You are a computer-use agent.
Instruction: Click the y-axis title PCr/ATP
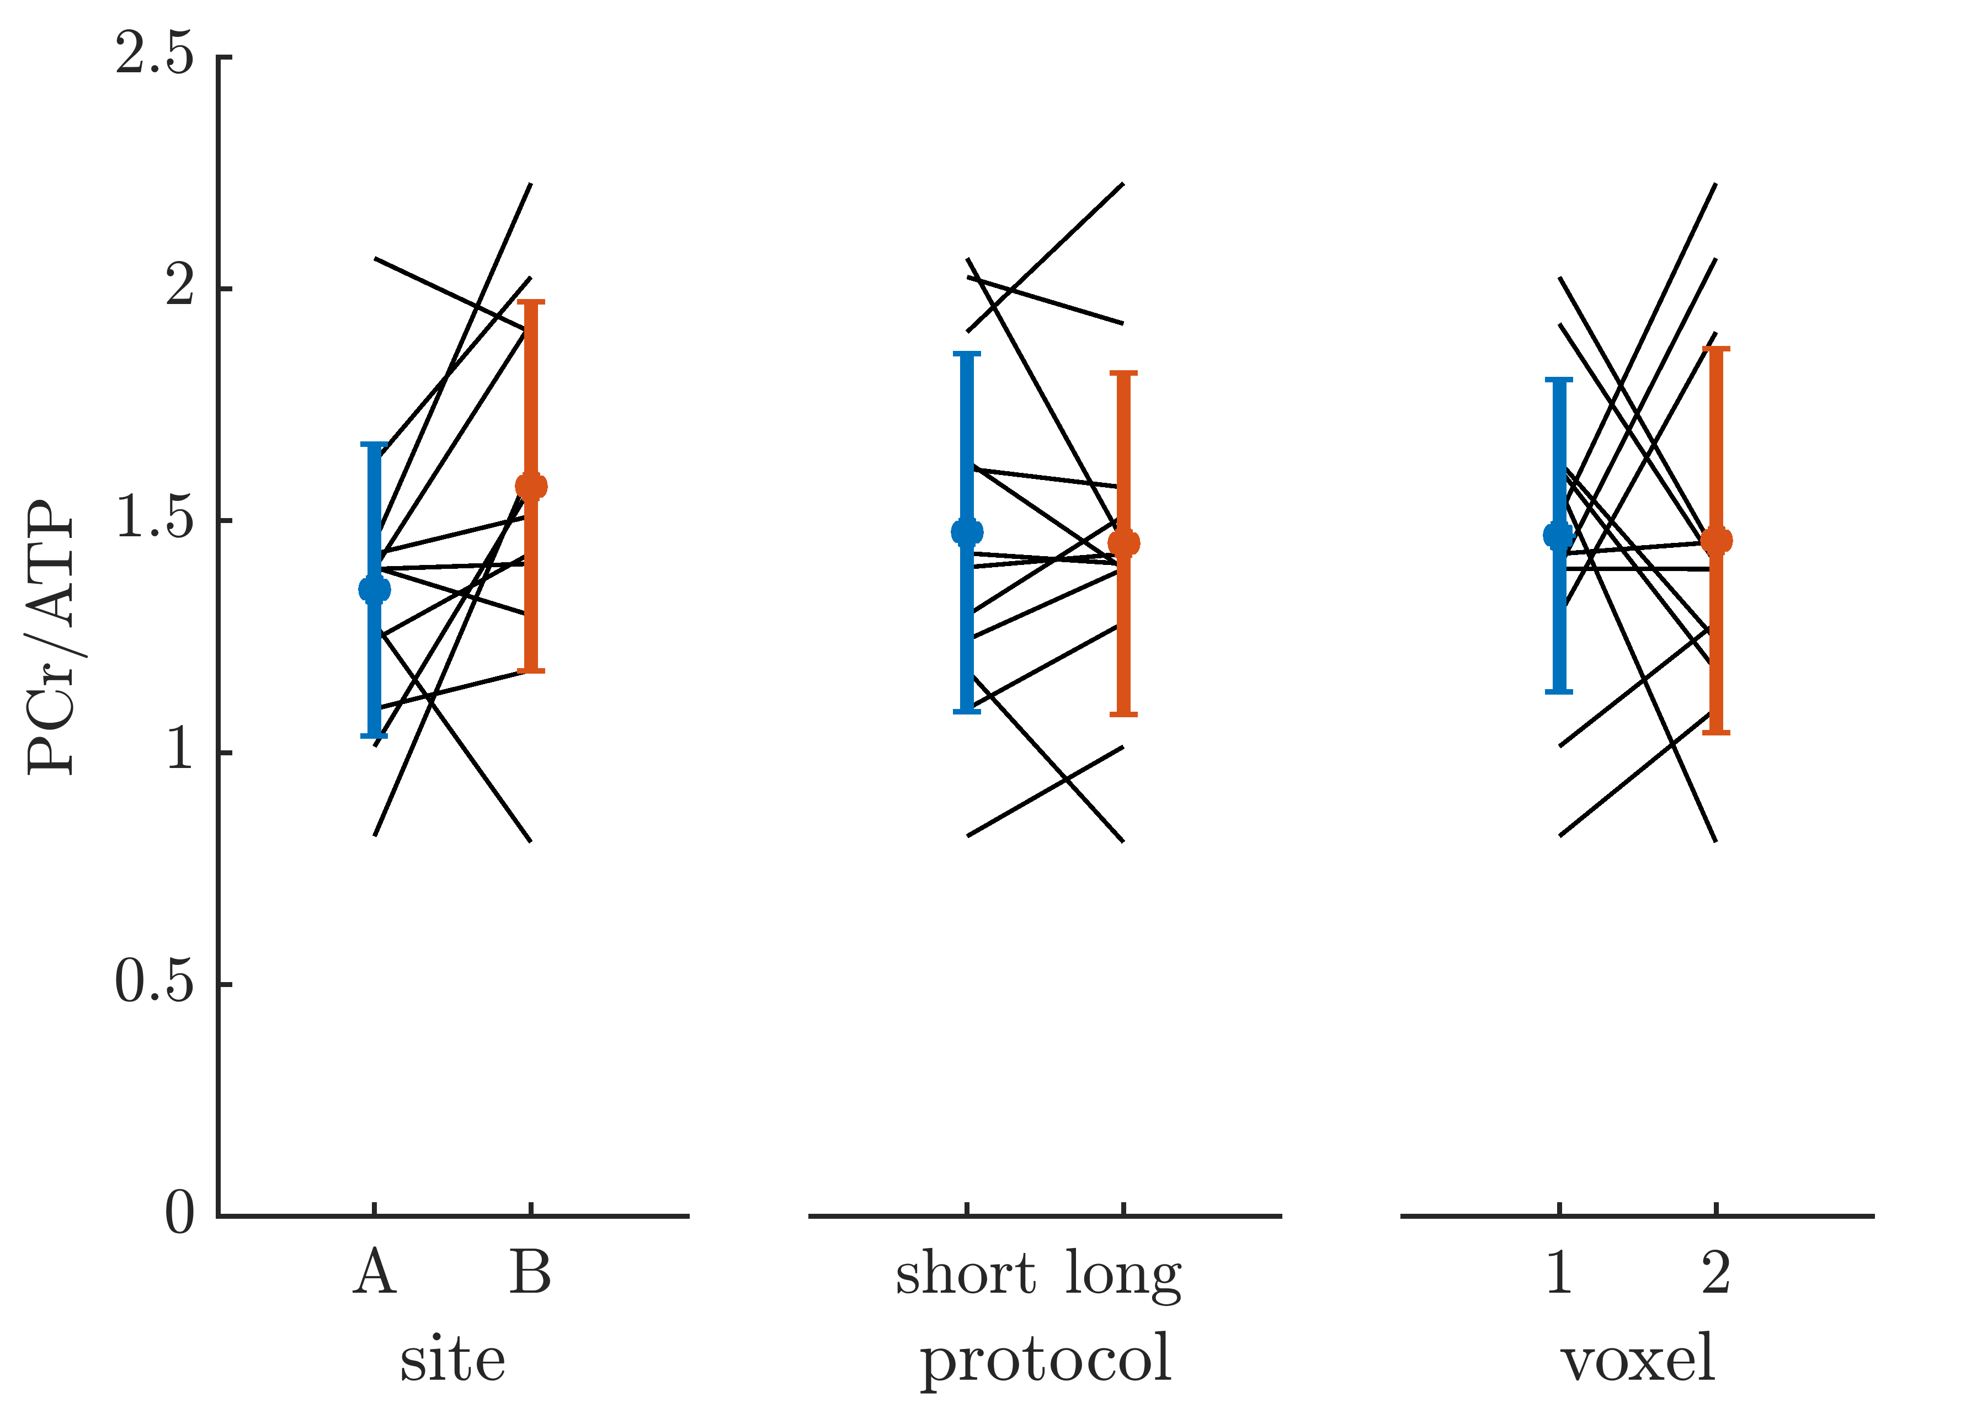[x=52, y=637]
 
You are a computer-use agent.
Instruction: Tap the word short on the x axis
[x=966, y=1273]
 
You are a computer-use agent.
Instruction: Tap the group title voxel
[x=1638, y=1358]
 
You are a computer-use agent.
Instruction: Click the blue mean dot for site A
[x=375, y=589]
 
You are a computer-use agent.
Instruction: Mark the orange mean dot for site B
[x=530, y=486]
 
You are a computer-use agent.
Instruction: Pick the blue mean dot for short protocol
[x=967, y=531]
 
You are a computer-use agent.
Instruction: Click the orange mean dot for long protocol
[x=1123, y=543]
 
